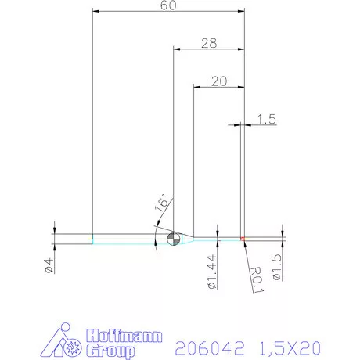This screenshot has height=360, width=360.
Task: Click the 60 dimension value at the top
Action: [167, 5]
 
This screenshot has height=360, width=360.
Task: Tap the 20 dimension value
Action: [219, 81]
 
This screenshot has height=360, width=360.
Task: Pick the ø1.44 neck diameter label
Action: [211, 271]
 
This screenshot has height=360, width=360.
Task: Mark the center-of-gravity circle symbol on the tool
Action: [174, 238]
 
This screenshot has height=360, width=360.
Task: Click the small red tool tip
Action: [243, 238]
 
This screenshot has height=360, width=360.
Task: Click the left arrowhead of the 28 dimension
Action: [176, 49]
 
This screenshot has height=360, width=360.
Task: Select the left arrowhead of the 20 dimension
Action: [196, 87]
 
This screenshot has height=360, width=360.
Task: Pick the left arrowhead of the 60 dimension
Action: [95, 12]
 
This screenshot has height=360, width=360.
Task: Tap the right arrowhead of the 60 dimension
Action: [240, 12]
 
